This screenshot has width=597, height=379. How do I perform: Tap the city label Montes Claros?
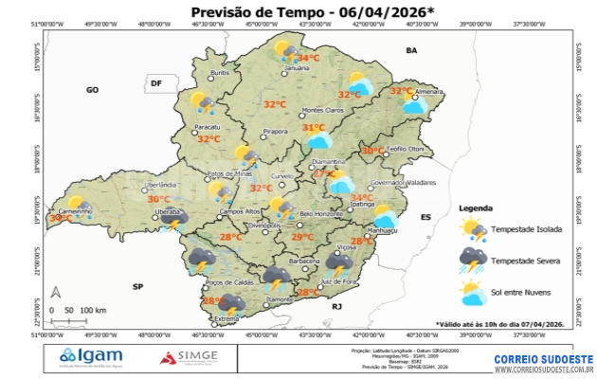tap(322, 110)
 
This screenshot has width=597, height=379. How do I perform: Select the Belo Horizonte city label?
tap(320, 214)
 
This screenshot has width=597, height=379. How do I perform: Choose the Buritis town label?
tap(220, 73)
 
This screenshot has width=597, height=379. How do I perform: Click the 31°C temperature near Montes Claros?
tap(313, 128)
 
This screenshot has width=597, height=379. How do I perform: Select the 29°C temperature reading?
tap(301, 237)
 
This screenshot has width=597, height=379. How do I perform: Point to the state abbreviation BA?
tap(411, 49)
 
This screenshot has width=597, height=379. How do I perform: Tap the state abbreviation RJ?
tap(336, 307)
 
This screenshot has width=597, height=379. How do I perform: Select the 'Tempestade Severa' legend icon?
tap(474, 258)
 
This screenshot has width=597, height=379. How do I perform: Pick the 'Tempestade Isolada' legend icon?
tap(474, 228)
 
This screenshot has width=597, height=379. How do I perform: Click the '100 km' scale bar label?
tap(93, 311)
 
